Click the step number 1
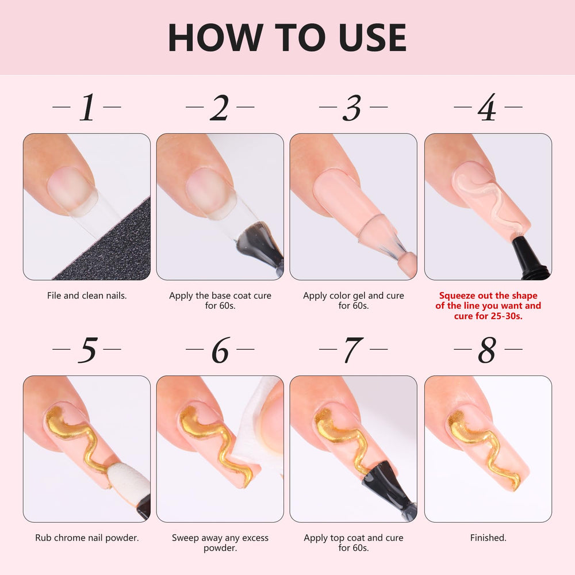tap(87, 107)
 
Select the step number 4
tap(487, 107)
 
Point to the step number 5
tap(87, 350)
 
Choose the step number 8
tap(487, 350)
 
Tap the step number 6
tap(220, 350)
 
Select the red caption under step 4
tap(488, 306)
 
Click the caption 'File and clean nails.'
tap(87, 296)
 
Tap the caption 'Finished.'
tap(488, 538)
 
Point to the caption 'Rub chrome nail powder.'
tap(87, 538)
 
